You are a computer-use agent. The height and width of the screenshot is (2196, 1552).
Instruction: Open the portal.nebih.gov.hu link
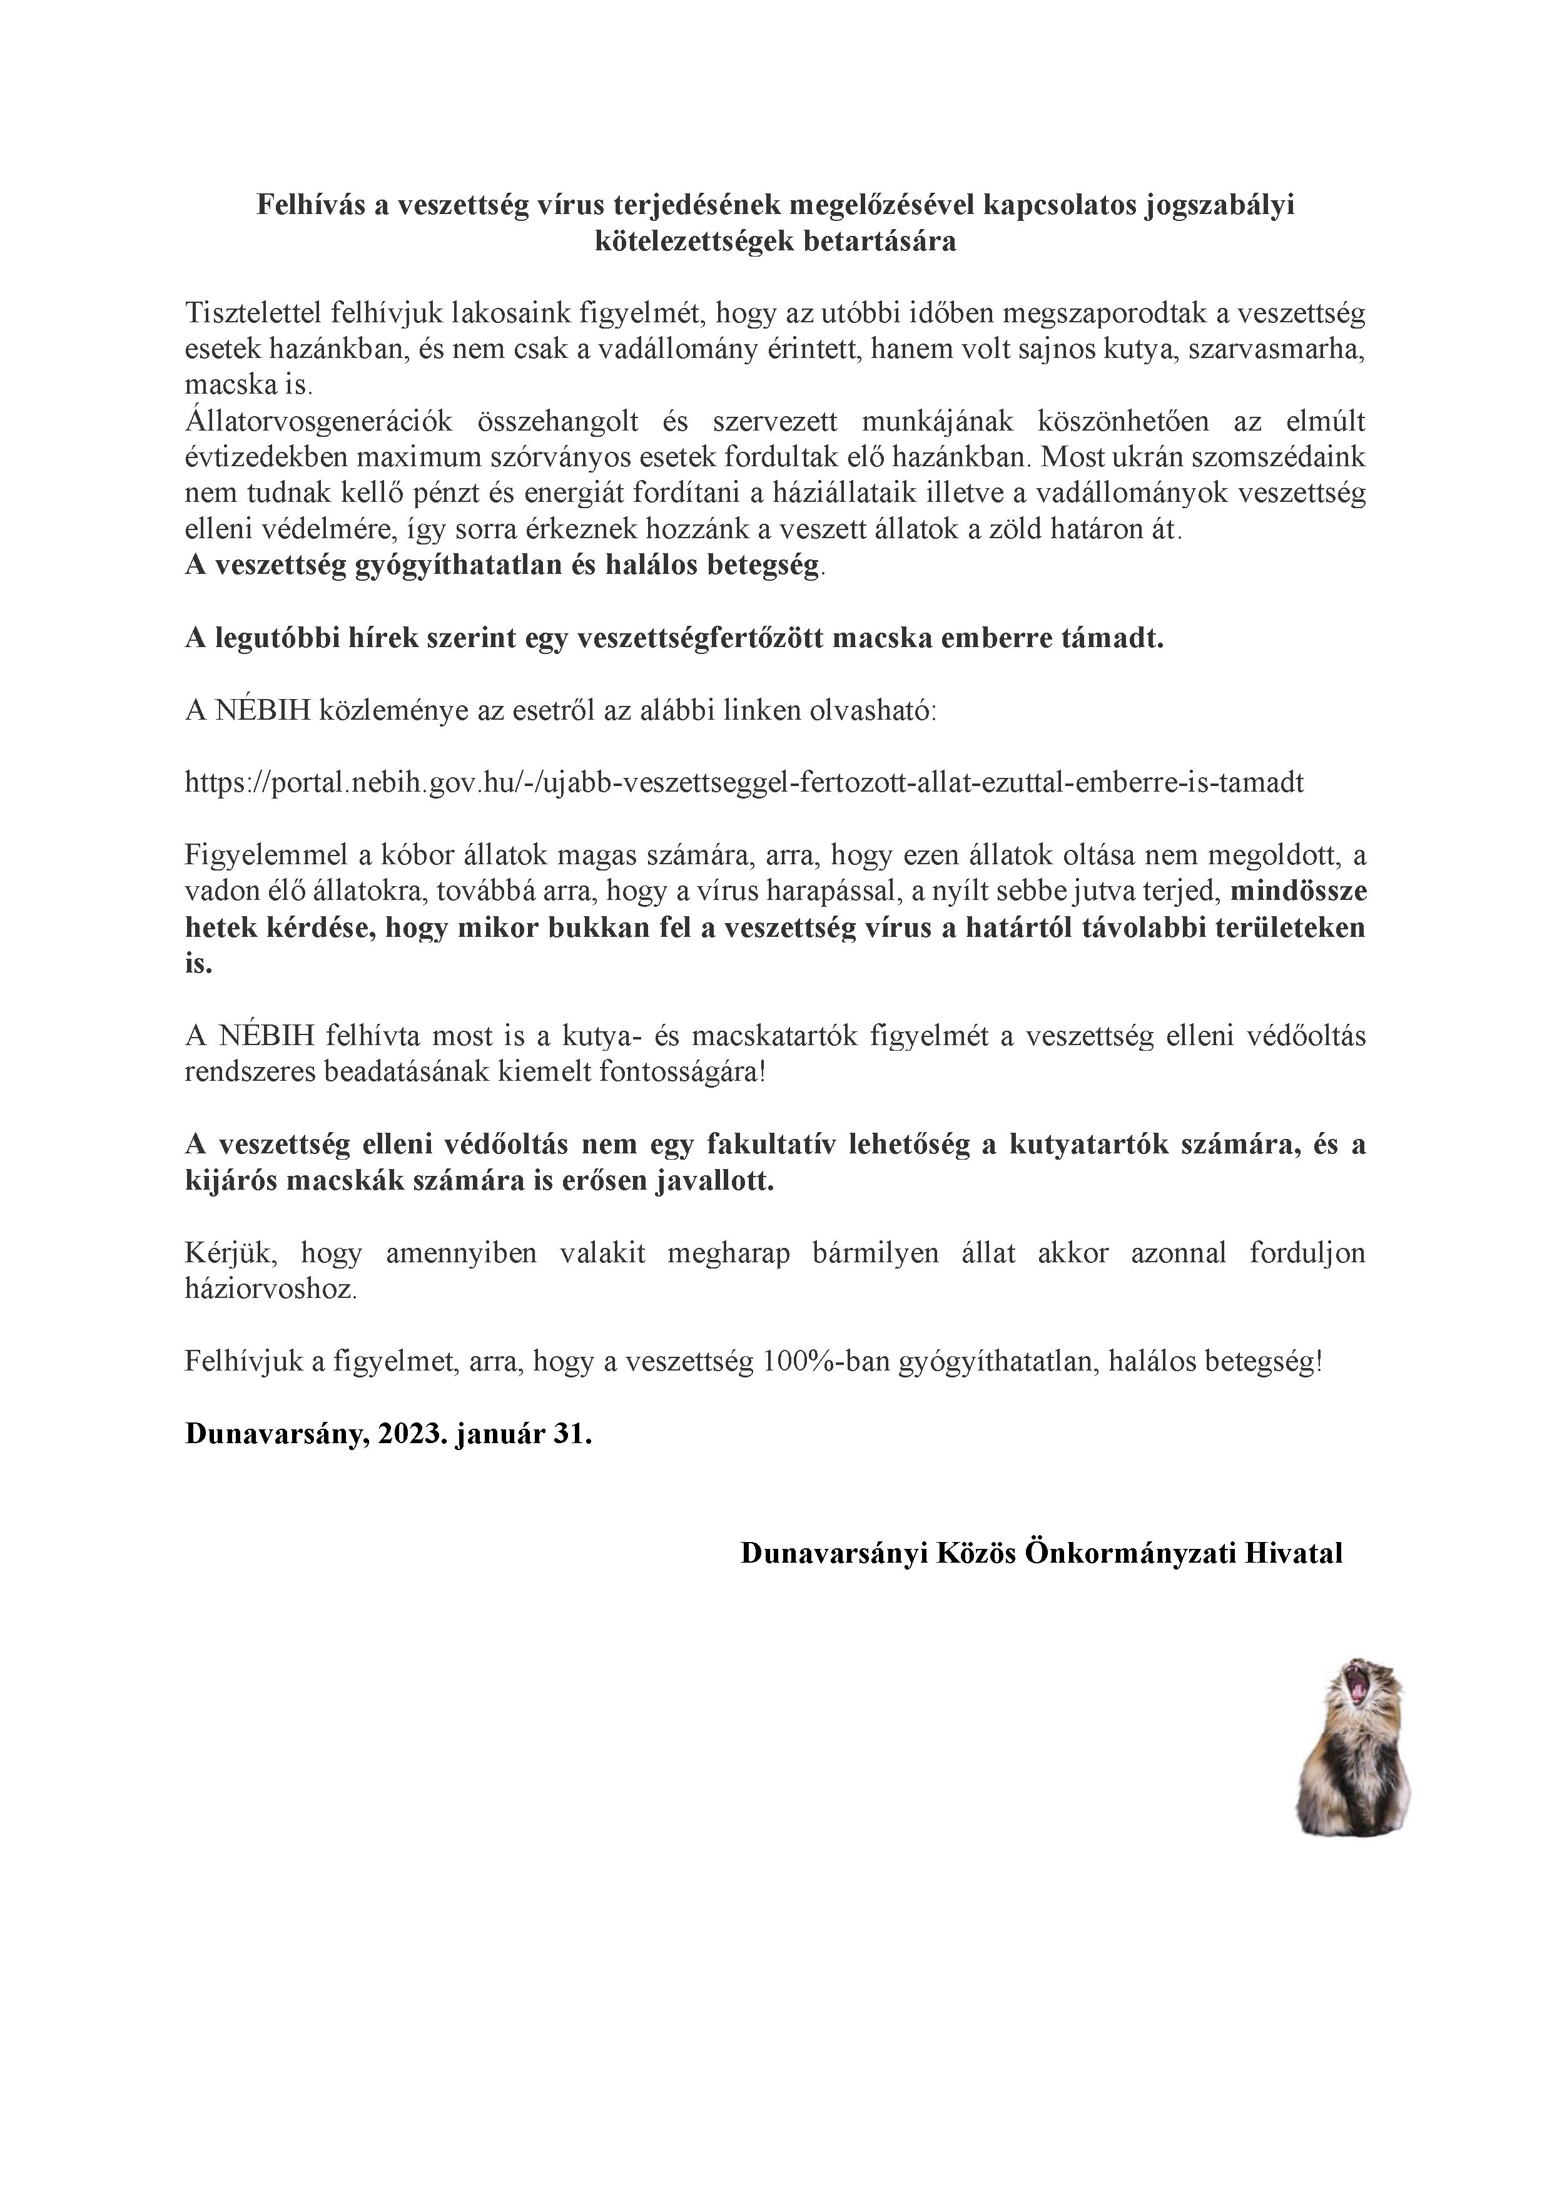click(x=744, y=784)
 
